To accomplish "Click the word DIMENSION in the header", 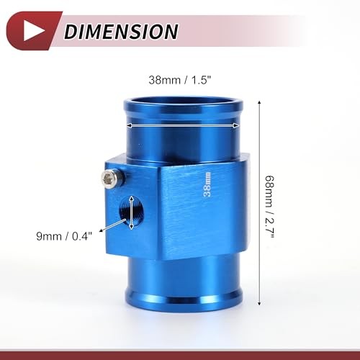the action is (x=121, y=32).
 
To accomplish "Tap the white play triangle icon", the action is (x=33, y=31).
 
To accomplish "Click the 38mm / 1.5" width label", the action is (x=180, y=80).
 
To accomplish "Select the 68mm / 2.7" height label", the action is (x=269, y=207).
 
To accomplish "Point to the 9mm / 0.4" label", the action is (x=64, y=236).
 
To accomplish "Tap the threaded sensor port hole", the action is (x=131, y=212).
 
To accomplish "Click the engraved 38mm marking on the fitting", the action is (x=207, y=184).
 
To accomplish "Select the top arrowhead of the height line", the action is (x=259, y=103).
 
